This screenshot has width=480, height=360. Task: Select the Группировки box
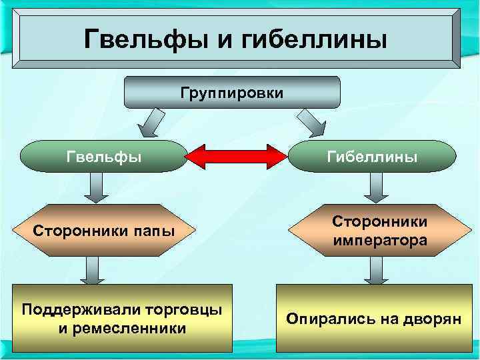point(232,92)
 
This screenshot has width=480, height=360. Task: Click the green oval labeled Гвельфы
point(103,157)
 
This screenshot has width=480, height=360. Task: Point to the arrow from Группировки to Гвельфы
point(152,123)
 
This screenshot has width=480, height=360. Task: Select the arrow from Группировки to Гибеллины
point(311,123)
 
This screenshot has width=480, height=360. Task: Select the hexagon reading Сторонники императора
point(379,231)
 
